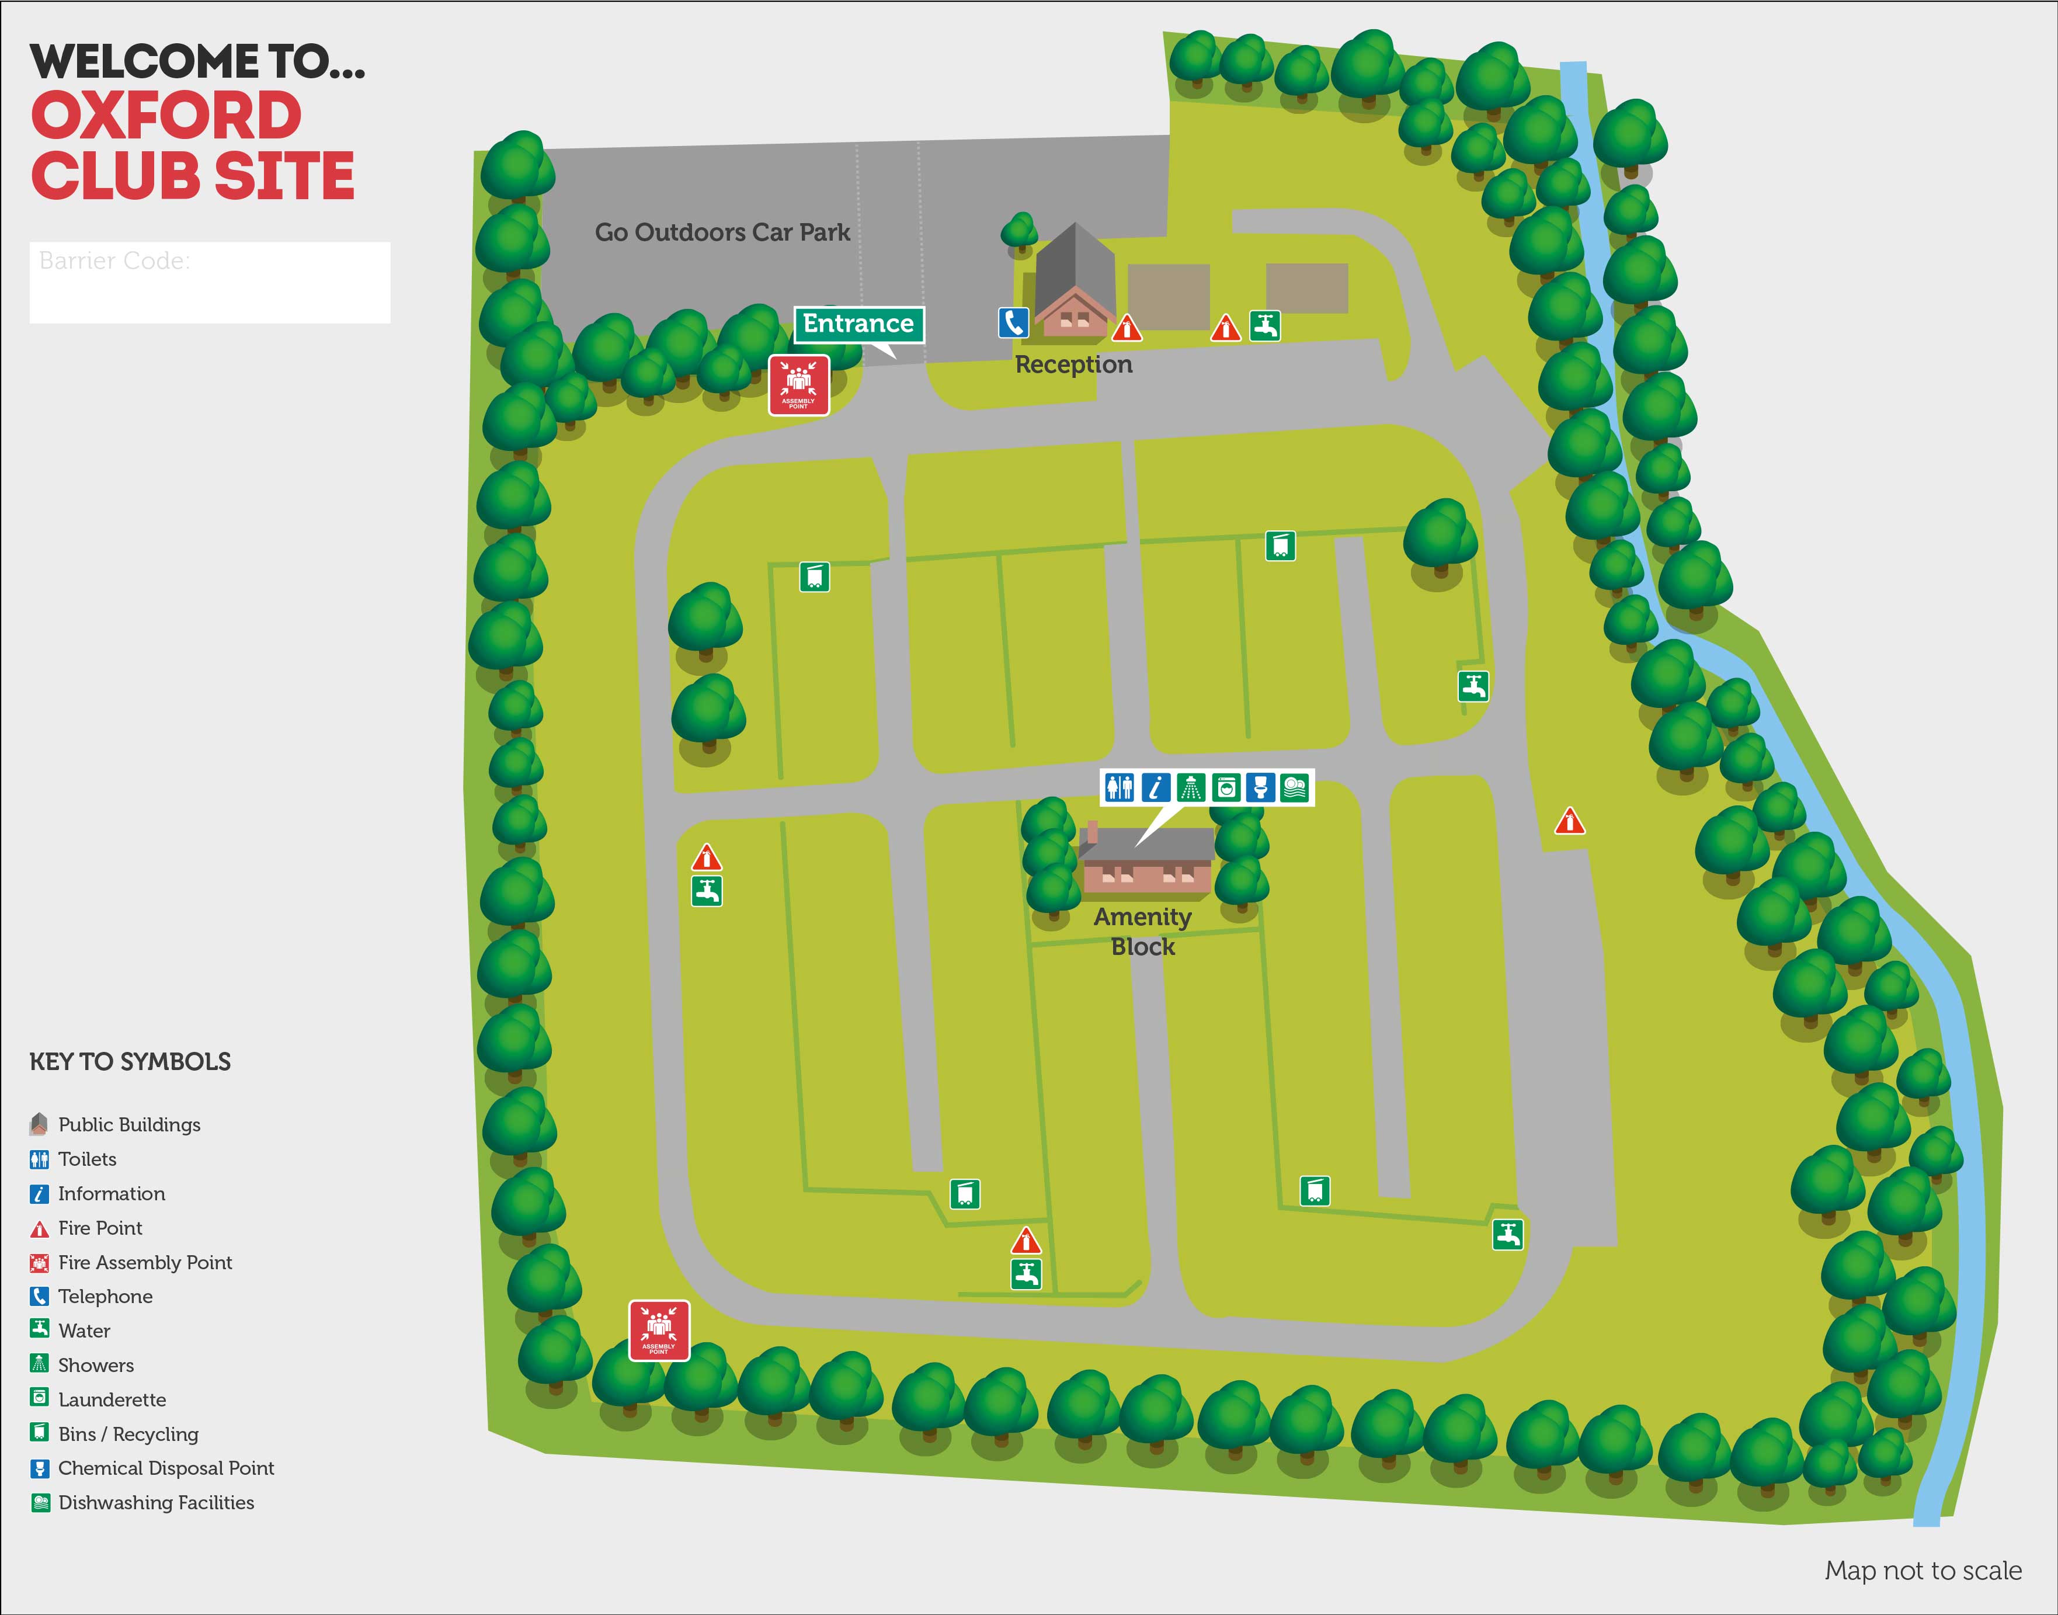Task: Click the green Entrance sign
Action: tap(857, 324)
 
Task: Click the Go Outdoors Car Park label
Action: tap(722, 232)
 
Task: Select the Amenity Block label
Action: tap(1142, 932)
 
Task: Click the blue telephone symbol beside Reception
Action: tap(1013, 324)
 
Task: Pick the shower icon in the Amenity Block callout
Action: tap(1190, 787)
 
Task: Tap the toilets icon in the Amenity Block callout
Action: tap(1120, 787)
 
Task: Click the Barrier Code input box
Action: tap(210, 283)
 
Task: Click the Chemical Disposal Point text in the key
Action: tap(165, 1467)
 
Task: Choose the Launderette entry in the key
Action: tap(112, 1399)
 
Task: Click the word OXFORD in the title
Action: tap(166, 116)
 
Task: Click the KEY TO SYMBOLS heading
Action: tap(130, 1062)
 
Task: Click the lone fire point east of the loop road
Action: tap(1569, 821)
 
